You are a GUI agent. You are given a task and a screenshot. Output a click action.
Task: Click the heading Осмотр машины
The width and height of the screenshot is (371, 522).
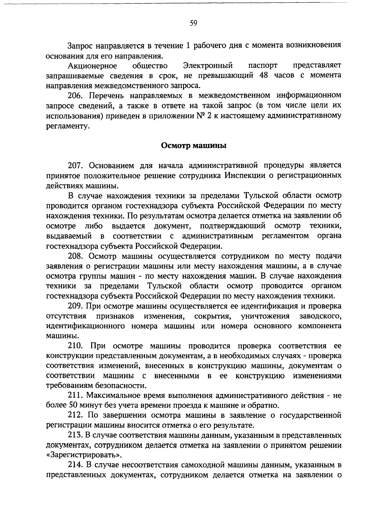(194, 145)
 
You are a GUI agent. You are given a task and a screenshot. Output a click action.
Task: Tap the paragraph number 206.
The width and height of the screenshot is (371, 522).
(75, 95)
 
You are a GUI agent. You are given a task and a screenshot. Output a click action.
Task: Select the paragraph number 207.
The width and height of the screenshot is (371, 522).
(75, 165)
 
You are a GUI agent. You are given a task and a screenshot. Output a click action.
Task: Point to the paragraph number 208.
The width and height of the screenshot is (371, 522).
(75, 256)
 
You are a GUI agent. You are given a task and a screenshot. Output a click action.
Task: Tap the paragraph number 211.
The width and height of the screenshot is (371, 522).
(75, 395)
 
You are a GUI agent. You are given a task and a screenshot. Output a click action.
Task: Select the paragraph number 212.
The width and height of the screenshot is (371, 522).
(75, 415)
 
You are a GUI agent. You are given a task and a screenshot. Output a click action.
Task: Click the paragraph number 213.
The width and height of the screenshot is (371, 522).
(75, 435)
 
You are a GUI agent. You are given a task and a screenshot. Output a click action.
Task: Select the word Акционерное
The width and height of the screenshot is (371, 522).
(92, 66)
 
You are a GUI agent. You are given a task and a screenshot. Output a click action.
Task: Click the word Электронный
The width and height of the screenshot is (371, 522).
(207, 66)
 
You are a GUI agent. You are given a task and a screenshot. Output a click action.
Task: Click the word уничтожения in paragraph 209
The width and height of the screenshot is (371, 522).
(265, 316)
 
